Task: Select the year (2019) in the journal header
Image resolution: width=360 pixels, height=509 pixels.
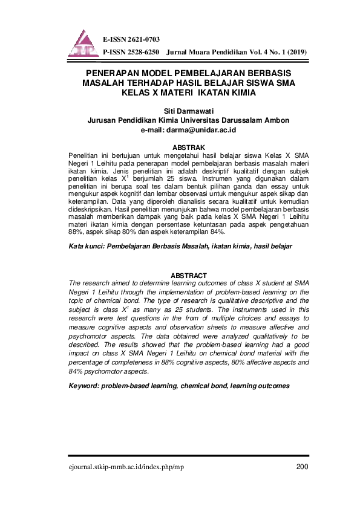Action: point(296,53)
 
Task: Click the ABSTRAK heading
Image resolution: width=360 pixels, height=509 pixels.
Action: point(189,147)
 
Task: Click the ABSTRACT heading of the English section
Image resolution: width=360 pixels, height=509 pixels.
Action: point(189,275)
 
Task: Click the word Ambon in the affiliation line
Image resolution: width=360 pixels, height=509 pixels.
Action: point(277,120)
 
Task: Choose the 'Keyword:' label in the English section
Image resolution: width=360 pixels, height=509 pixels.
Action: point(84,385)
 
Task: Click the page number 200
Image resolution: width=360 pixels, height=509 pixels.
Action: point(303,465)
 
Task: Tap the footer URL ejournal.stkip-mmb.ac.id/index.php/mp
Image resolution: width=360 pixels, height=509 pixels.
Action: point(127,466)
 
